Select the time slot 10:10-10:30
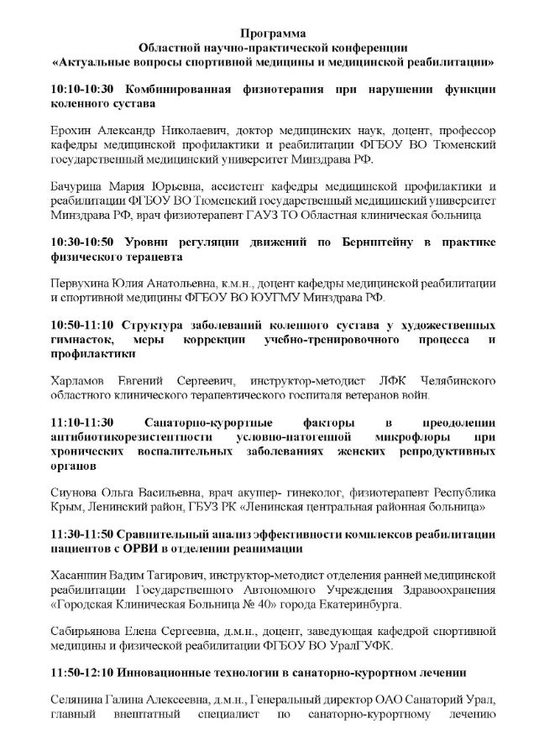tap(88, 88)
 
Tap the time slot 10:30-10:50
tap(88, 241)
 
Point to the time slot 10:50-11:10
tap(88, 324)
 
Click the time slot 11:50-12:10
tap(88, 672)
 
